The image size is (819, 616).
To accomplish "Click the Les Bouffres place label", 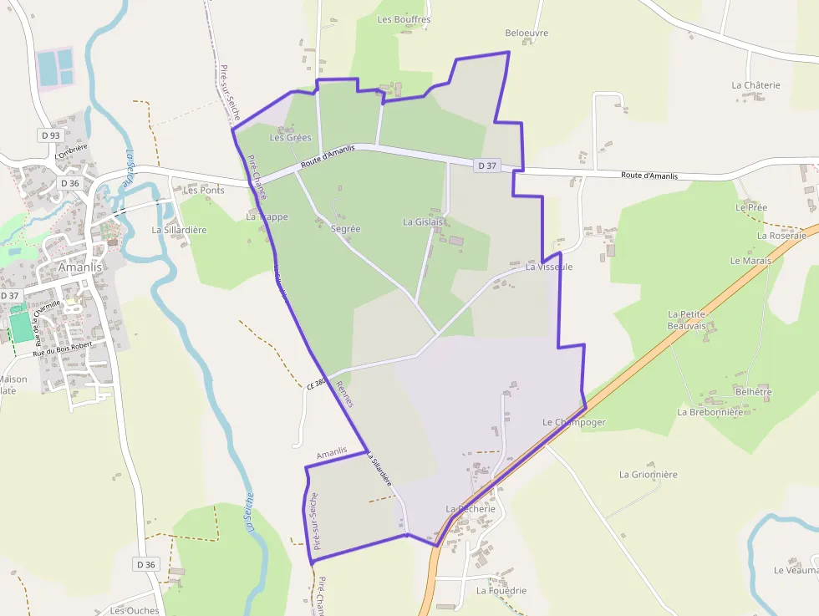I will (404, 19).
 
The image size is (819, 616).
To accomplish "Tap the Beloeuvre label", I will (526, 33).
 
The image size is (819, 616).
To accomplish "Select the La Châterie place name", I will (755, 85).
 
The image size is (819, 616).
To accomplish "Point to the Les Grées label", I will (290, 138).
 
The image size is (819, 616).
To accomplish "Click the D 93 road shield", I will (50, 135).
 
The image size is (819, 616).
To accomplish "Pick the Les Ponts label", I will (204, 191).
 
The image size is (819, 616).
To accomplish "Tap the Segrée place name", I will (345, 229).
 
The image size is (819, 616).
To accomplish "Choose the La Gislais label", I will (422, 222).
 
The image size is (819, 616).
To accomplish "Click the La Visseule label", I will (549, 267).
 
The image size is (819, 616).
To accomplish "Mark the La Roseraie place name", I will (781, 236).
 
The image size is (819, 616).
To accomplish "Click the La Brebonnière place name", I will (710, 412).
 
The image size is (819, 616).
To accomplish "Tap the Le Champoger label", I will (573, 422).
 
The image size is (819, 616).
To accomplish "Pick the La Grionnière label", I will (648, 475).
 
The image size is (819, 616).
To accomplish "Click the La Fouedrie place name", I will (501, 591).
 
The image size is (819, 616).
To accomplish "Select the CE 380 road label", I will (315, 384).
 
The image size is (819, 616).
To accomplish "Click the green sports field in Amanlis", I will (21, 326).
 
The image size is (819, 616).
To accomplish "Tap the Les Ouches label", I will (134, 611).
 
